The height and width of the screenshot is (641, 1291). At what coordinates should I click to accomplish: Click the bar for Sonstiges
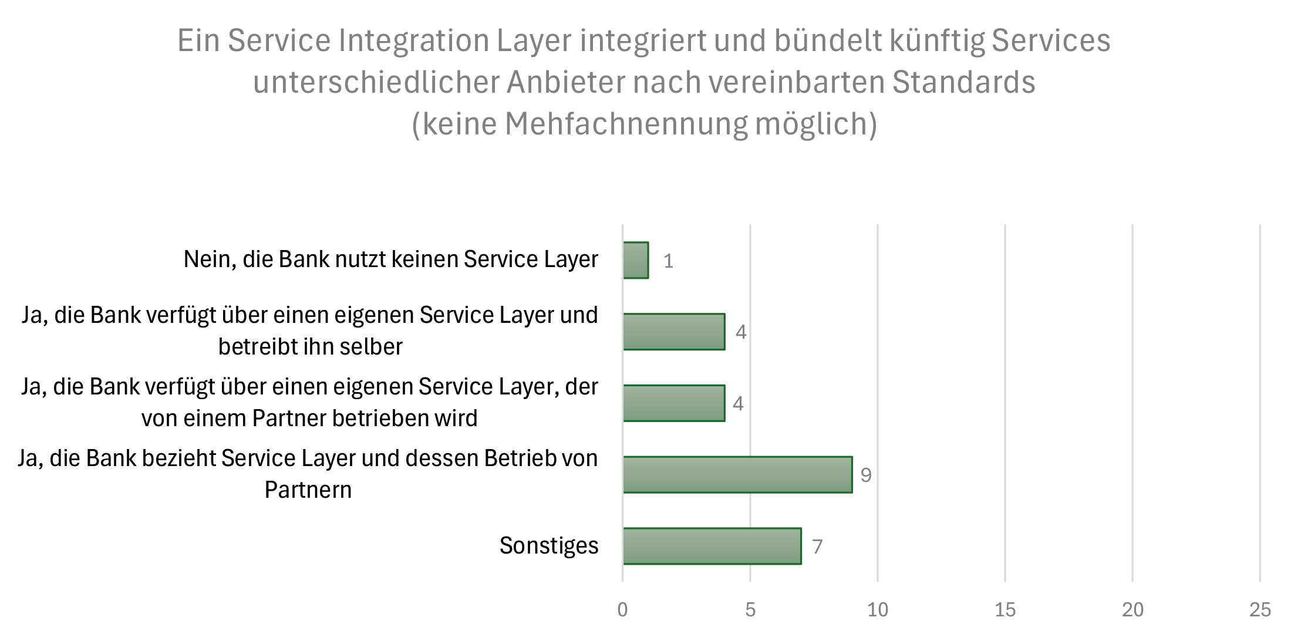click(712, 546)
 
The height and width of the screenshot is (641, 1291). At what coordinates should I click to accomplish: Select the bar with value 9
click(737, 474)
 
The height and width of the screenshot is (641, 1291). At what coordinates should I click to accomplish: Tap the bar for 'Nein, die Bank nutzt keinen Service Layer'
click(636, 260)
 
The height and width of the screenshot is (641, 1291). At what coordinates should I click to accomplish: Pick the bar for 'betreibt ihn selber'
click(674, 332)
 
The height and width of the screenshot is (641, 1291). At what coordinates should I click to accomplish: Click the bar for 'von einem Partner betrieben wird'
click(674, 403)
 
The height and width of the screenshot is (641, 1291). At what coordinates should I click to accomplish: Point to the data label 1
click(668, 261)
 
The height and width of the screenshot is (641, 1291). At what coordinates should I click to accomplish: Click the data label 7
click(817, 547)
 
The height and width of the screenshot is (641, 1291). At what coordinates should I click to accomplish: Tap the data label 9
click(866, 475)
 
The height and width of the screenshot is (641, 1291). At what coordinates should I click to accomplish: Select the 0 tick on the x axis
click(623, 610)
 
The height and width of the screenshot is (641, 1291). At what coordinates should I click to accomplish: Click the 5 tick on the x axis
click(750, 610)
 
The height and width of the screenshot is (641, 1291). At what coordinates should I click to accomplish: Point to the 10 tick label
click(878, 610)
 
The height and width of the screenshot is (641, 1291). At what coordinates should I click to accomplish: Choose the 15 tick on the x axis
click(1005, 610)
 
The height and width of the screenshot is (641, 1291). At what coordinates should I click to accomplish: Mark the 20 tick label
click(1132, 610)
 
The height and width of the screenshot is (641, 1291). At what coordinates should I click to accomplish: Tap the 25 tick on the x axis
click(1260, 610)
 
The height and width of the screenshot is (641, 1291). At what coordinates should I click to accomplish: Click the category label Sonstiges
click(549, 546)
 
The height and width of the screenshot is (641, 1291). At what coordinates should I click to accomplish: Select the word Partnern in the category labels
click(308, 490)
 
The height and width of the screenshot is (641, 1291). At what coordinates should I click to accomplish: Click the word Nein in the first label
click(207, 259)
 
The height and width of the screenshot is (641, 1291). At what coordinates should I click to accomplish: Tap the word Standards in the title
click(963, 82)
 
